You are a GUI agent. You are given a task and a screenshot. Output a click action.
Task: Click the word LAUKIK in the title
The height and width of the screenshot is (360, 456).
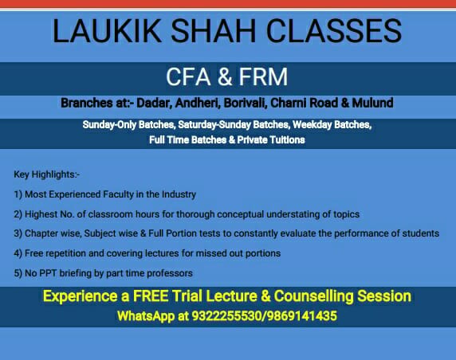pyautogui.click(x=107, y=31)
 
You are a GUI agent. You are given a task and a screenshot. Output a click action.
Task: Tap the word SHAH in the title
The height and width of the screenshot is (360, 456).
pyautogui.click(x=213, y=31)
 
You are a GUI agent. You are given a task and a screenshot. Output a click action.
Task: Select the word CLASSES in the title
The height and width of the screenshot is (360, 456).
pyautogui.click(x=334, y=31)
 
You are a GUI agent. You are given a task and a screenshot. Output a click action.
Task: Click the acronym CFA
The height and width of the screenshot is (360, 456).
pyautogui.click(x=188, y=76)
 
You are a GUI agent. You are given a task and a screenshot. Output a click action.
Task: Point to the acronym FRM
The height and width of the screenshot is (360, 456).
pyautogui.click(x=263, y=76)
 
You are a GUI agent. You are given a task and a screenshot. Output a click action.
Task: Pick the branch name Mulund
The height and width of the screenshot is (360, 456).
pyautogui.click(x=372, y=104)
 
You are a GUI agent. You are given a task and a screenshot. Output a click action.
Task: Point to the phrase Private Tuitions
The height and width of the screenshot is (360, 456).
pyautogui.click(x=271, y=140)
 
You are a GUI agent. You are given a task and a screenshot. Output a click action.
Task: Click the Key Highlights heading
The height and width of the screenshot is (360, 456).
pyautogui.click(x=46, y=174)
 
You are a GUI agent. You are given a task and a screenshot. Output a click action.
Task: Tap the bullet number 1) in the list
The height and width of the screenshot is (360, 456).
pyautogui.click(x=18, y=194)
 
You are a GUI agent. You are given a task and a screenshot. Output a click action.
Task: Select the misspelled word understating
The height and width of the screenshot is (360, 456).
pyautogui.click(x=293, y=214)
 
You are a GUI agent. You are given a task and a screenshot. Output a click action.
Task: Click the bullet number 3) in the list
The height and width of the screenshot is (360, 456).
pyautogui.click(x=18, y=233)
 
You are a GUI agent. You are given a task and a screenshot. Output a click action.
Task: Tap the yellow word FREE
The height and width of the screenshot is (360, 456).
pyautogui.click(x=151, y=296)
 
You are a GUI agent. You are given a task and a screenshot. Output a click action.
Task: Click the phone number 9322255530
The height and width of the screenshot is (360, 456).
pyautogui.click(x=226, y=316)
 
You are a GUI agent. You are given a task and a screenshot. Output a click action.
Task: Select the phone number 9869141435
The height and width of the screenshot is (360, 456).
pyautogui.click(x=301, y=316)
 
